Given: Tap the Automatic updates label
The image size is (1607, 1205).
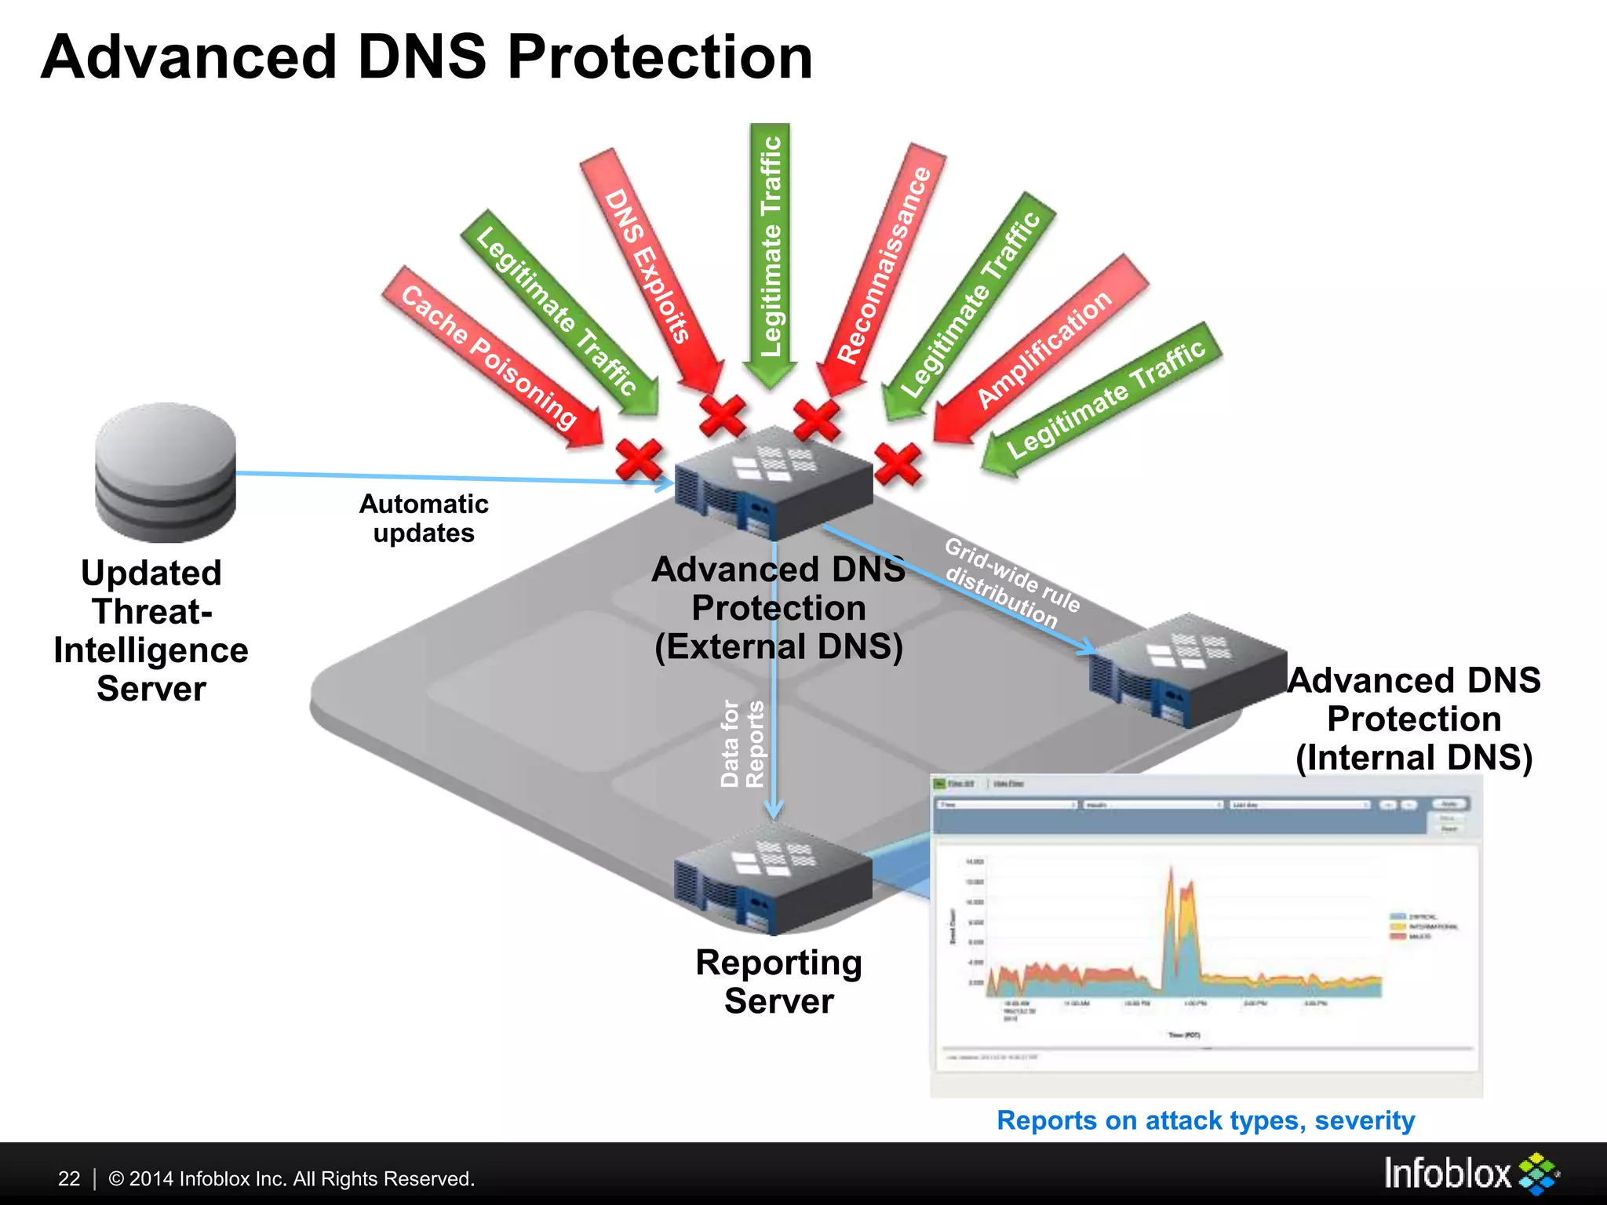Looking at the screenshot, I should (x=424, y=519).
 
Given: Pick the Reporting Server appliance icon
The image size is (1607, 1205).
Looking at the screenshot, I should (x=773, y=879).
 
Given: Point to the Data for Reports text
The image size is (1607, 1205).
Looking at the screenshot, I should (x=742, y=744).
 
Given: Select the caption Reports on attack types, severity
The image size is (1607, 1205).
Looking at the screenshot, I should (x=1205, y=1120).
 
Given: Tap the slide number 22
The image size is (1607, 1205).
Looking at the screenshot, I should (x=69, y=1178).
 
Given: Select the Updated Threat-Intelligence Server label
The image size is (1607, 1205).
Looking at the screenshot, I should (x=151, y=631).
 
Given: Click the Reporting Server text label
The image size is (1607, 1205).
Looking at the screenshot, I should (x=778, y=981).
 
